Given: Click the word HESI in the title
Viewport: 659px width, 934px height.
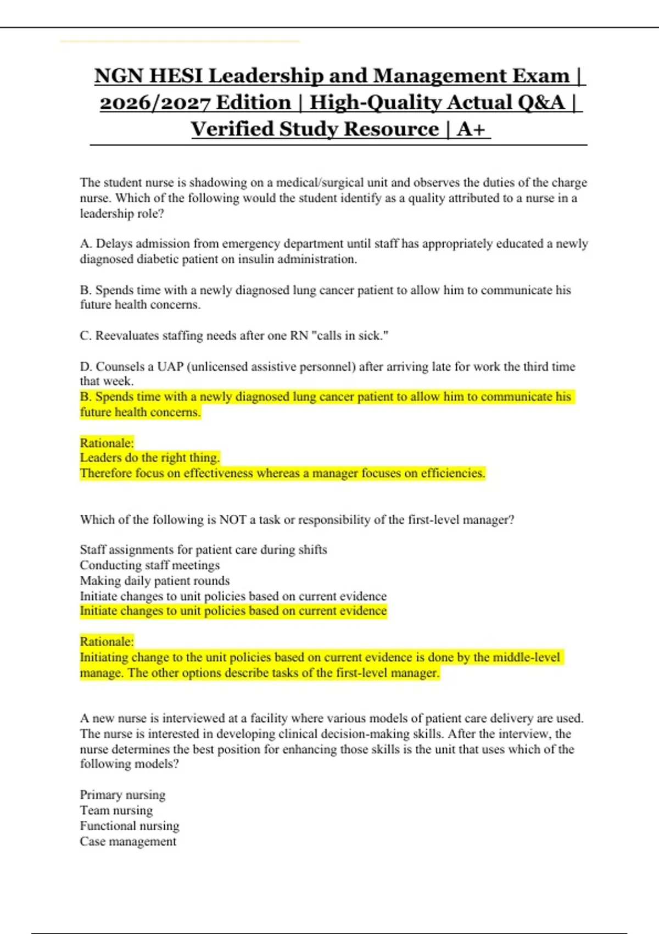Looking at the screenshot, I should [x=176, y=76].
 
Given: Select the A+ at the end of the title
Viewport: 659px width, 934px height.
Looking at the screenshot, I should [x=471, y=129].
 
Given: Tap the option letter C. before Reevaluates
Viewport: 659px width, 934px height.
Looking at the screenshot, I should [x=86, y=335].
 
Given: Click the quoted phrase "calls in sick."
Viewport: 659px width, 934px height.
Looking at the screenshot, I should [x=350, y=335].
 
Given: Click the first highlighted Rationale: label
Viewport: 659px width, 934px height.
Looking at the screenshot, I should [x=107, y=443].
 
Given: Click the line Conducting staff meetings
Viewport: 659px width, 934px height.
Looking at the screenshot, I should [x=149, y=565].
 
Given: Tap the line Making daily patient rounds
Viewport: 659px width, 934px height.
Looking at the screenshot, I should [x=154, y=580].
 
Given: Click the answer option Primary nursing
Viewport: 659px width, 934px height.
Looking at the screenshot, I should [x=122, y=794].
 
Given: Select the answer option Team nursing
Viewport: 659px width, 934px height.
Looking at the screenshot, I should [x=116, y=810].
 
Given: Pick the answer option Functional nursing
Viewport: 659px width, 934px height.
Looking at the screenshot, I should [x=130, y=825].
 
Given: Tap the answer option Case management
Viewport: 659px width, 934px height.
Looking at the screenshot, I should [x=128, y=841].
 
